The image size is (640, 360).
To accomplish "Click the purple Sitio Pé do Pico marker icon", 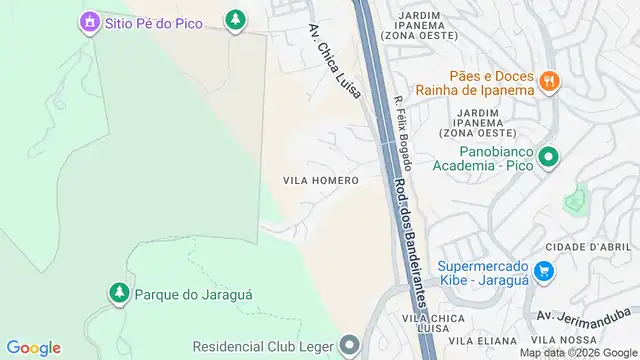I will (88, 20).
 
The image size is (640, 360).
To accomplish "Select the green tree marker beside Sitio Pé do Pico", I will (235, 19).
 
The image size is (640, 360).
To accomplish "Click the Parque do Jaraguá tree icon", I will (118, 292).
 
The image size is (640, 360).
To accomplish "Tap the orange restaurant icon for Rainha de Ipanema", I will (548, 82).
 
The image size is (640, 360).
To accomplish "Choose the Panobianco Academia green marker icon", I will (547, 157).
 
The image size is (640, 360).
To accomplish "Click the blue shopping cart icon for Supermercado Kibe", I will (544, 270).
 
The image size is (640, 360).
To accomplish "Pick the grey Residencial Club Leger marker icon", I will (348, 346).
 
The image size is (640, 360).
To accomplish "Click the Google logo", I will (33, 347).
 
